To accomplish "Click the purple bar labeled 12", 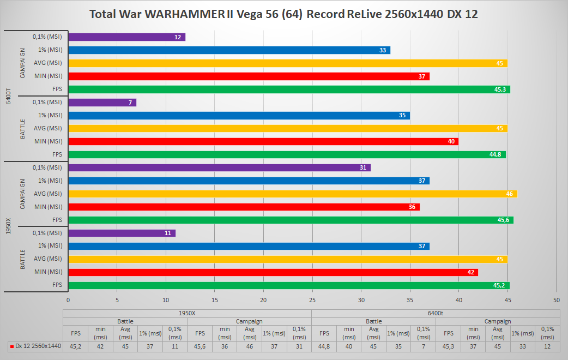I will pos(126,37).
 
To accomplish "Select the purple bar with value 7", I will pos(102,103).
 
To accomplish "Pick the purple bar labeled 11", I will pos(122,233).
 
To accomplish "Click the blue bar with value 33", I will pos(229,50).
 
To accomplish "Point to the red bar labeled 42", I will pos(273,272).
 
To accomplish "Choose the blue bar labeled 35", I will pos(239,116).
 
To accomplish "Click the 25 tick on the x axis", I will pos(312,300).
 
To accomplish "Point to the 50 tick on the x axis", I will pos(557,300).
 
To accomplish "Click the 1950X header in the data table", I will pos(187,313).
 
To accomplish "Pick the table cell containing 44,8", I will pos(324,346).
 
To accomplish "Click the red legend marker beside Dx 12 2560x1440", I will pos(12,346).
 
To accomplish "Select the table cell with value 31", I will pos(299,346).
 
